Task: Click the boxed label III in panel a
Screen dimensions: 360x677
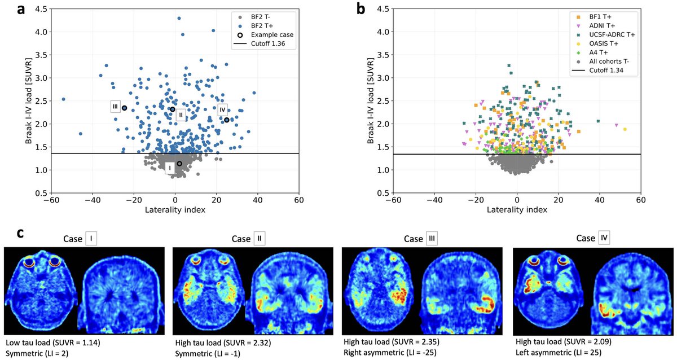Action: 115,107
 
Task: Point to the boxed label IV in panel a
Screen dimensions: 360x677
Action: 222,109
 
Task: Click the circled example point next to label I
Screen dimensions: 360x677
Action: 179,164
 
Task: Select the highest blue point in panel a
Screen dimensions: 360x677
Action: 179,18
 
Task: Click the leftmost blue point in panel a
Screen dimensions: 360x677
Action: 63,99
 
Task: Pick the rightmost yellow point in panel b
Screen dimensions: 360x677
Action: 625,129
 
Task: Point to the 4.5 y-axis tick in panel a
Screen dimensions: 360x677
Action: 38,9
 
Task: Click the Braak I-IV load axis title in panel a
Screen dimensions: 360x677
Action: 28,101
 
